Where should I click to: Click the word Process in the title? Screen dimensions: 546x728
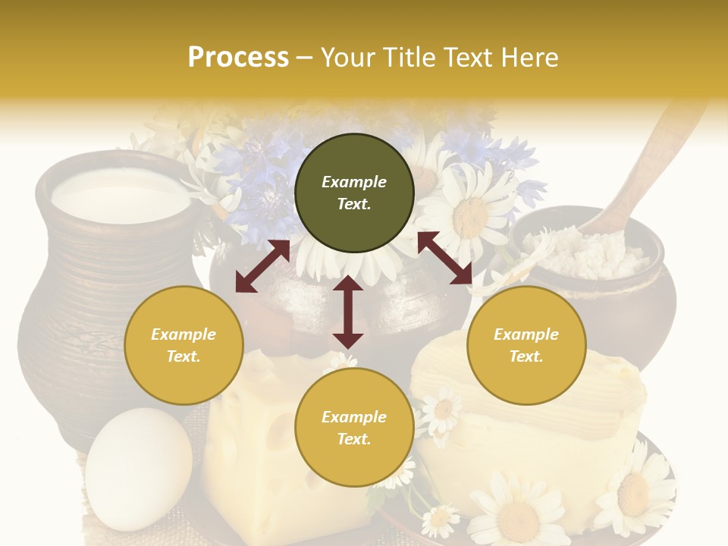238,58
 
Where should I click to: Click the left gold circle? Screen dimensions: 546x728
184,345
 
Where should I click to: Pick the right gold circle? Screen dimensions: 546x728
526,345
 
